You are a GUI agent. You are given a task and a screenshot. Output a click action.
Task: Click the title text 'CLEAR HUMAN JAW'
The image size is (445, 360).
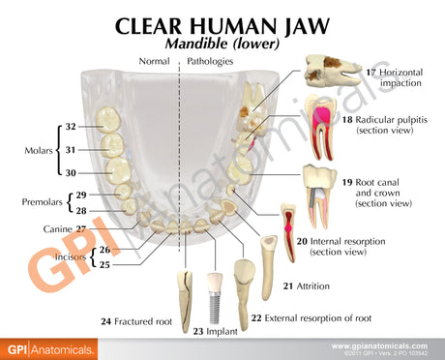pos(222,26)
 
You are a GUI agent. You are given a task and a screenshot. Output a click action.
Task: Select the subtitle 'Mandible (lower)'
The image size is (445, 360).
pos(222,45)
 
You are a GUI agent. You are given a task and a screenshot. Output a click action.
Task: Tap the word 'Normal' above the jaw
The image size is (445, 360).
pos(155,61)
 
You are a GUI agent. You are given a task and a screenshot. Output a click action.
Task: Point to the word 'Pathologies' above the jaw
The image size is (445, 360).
pos(210,61)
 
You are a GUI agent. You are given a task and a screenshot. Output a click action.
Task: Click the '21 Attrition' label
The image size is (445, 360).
pos(303,286)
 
